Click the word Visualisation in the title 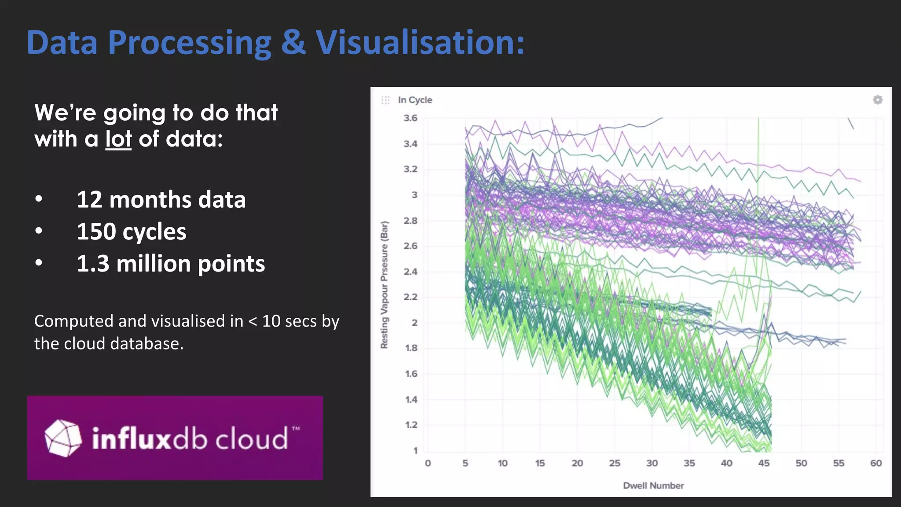(420, 43)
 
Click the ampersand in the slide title (293, 43)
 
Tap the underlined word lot (118, 139)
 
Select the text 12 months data (161, 199)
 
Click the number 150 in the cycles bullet (96, 231)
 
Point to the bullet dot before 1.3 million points (39, 263)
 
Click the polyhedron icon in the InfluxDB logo (63, 438)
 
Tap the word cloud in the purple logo (252, 439)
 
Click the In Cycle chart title (415, 100)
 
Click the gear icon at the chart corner (877, 100)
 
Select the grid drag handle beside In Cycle (385, 100)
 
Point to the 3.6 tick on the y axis (410, 118)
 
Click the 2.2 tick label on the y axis (410, 297)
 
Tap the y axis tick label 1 (415, 450)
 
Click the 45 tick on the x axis (764, 463)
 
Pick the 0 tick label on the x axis (428, 463)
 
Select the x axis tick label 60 (875, 463)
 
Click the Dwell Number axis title (653, 485)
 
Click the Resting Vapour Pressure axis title (385, 285)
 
